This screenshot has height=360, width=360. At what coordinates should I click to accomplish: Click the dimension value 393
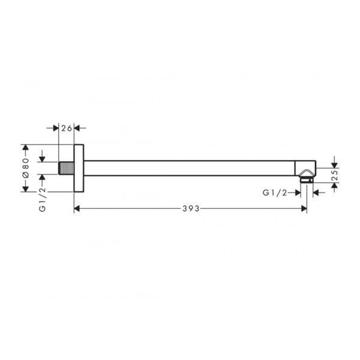point(191,208)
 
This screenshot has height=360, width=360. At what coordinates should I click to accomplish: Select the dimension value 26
point(67,128)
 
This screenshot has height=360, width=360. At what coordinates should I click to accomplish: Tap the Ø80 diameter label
point(26,168)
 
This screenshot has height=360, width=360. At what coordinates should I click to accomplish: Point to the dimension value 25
point(335,175)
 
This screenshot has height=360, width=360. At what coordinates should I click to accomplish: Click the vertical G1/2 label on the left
point(43,199)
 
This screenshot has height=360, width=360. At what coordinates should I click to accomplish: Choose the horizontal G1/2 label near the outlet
point(275,193)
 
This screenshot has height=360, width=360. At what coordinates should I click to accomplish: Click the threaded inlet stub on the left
point(67,168)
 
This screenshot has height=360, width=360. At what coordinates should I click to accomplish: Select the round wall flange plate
point(79,168)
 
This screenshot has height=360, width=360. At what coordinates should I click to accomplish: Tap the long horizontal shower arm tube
point(190,168)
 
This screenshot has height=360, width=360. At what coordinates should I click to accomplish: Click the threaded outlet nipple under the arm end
point(306,179)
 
